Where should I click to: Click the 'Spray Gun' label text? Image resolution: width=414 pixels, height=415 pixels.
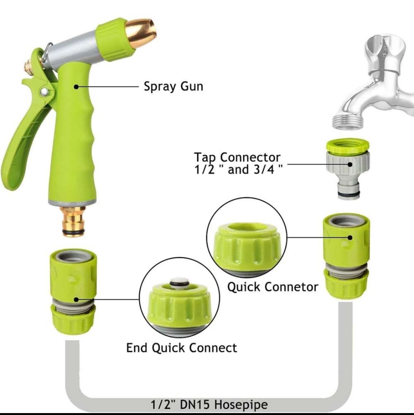(173, 87)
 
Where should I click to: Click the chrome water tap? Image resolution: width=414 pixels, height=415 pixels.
(376, 85)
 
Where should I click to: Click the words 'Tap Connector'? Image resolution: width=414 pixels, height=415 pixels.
(237, 157)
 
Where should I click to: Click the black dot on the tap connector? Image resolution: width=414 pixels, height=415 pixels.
(350, 164)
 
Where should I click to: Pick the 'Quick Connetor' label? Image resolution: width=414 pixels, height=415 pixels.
(273, 287)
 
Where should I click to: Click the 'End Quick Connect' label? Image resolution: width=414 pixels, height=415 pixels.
(182, 348)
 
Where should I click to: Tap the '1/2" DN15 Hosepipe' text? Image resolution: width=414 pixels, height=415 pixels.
(209, 404)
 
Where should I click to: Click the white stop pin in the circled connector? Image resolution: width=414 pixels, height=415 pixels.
(179, 282)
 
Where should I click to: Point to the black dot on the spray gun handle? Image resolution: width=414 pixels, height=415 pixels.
(76, 87)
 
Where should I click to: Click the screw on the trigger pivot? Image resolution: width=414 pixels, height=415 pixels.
(44, 92)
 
